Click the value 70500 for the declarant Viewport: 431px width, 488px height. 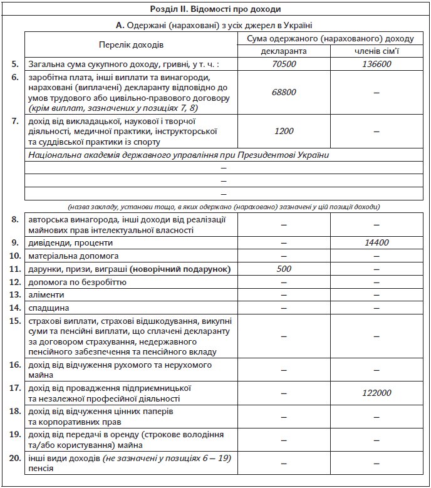coord(284,64)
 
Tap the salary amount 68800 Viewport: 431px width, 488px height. coord(284,92)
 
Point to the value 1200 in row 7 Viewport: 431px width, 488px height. coord(284,130)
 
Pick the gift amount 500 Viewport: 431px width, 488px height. coord(284,269)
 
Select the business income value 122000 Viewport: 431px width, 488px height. coord(376,393)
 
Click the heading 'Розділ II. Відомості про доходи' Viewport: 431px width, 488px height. coord(215,9)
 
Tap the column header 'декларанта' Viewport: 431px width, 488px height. coord(284,51)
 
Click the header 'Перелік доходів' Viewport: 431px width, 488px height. coord(131,45)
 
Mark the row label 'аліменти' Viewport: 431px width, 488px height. coord(45,295)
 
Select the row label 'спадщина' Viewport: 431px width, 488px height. coord(48,308)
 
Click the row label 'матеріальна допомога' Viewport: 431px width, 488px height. coord(73,256)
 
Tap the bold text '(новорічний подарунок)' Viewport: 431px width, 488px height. coord(180,269)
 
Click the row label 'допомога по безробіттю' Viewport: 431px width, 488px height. coord(77,282)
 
